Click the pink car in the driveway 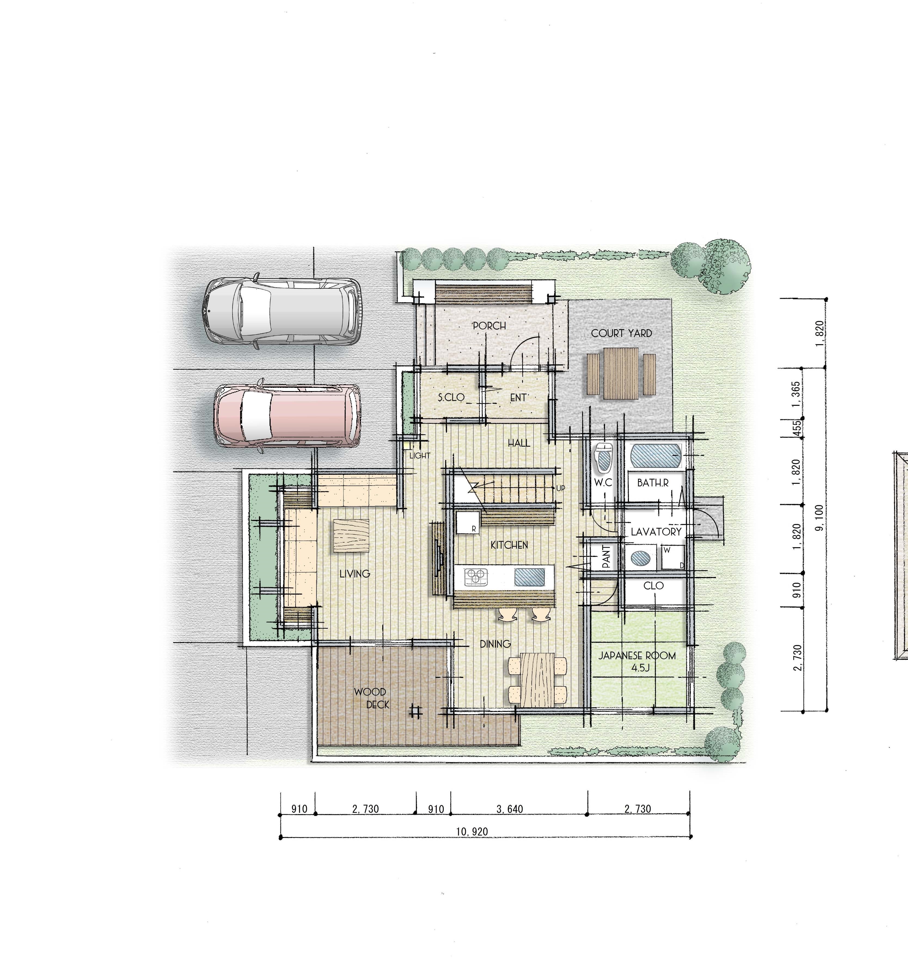[x=288, y=416]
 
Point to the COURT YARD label [x=621, y=333]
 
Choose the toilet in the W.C [x=603, y=459]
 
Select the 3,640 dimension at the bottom [x=510, y=809]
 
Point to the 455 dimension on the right [x=796, y=428]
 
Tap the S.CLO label [x=451, y=397]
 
